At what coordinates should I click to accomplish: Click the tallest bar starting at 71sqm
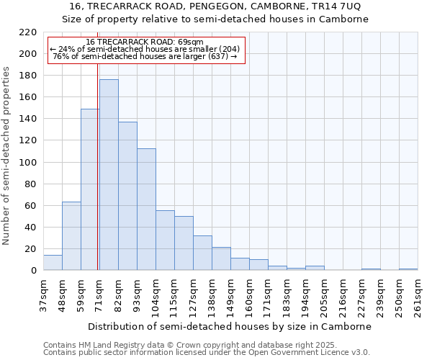pyautogui.click(x=109, y=175)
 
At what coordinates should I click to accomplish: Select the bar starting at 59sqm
pyautogui.click(x=90, y=189)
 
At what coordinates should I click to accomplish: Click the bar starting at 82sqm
pyautogui.click(x=127, y=196)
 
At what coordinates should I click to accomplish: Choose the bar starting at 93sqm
pyautogui.click(x=146, y=210)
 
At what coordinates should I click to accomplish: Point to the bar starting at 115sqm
pyautogui.click(x=184, y=243)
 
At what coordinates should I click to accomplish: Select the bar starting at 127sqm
pyautogui.click(x=202, y=253)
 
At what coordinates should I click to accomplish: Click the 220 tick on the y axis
pyautogui.click(x=29, y=32)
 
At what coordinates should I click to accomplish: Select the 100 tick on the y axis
pyautogui.click(x=29, y=163)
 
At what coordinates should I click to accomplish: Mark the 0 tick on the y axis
pyautogui.click(x=34, y=271)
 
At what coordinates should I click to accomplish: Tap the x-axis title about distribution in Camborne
pyautogui.click(x=230, y=326)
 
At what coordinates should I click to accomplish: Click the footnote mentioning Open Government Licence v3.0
pyautogui.click(x=207, y=352)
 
